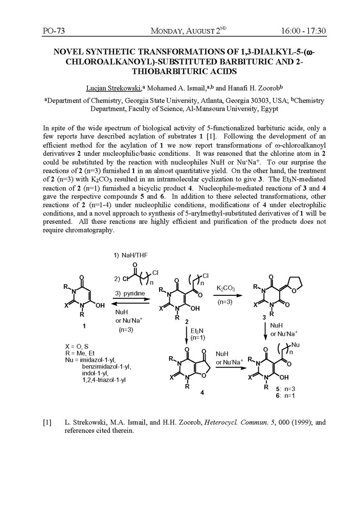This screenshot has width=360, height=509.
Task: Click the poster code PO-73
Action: click(54, 31)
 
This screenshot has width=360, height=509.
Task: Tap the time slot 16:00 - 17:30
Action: click(303, 31)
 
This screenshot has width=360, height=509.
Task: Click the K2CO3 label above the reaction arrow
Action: click(226, 289)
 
